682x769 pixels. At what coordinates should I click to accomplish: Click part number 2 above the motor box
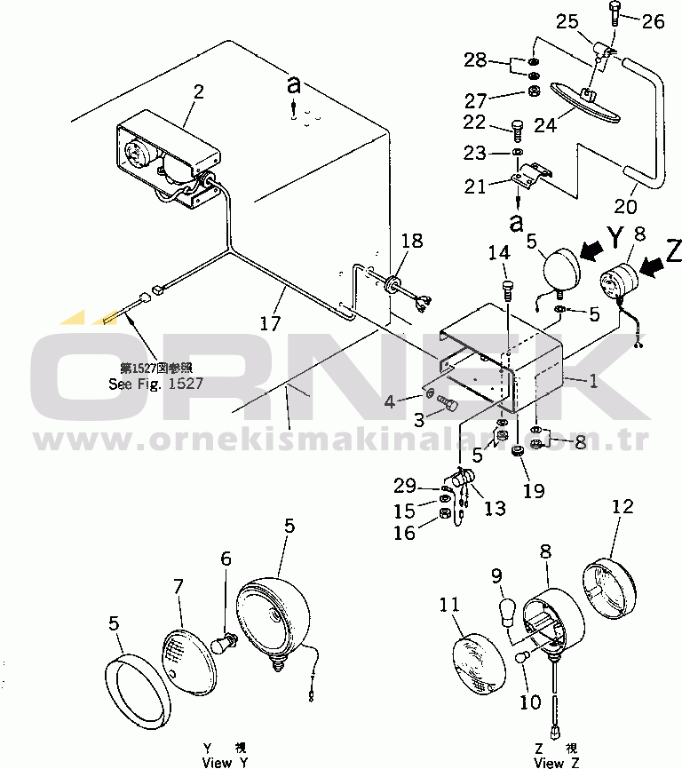[198, 91]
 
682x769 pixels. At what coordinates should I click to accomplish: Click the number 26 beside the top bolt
[653, 22]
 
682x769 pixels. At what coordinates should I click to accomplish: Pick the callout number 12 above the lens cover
[623, 507]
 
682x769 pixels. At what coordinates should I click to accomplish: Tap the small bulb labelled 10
[523, 657]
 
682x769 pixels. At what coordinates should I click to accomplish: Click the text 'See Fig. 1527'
[156, 384]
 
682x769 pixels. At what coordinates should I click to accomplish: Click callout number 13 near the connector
[494, 508]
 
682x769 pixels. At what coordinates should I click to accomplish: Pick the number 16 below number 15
[405, 532]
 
